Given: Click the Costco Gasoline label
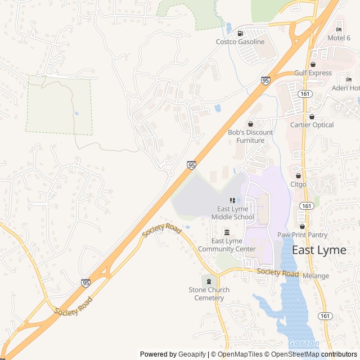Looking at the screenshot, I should [240, 42].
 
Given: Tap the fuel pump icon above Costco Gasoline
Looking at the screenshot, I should [240, 33].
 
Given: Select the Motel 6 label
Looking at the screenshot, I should [339, 38].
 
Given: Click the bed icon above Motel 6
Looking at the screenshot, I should [339, 29].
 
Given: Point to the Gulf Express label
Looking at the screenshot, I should [312, 73].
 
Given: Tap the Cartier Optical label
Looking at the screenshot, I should [312, 125].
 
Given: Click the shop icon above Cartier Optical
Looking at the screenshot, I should [312, 116].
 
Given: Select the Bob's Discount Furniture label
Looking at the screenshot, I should [250, 137].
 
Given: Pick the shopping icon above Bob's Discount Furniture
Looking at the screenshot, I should [250, 124].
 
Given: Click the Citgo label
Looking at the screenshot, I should [298, 184].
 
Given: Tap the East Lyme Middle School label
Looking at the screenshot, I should [233, 213].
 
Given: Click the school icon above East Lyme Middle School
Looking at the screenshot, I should [232, 200].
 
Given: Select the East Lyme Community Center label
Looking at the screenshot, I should [227, 245].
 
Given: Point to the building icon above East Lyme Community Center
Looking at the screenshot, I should [227, 233].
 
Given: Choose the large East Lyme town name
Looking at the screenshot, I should [319, 250].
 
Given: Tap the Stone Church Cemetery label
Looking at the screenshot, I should [209, 294].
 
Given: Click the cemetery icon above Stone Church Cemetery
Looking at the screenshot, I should [209, 281].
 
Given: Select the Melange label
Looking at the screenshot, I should [316, 276].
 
